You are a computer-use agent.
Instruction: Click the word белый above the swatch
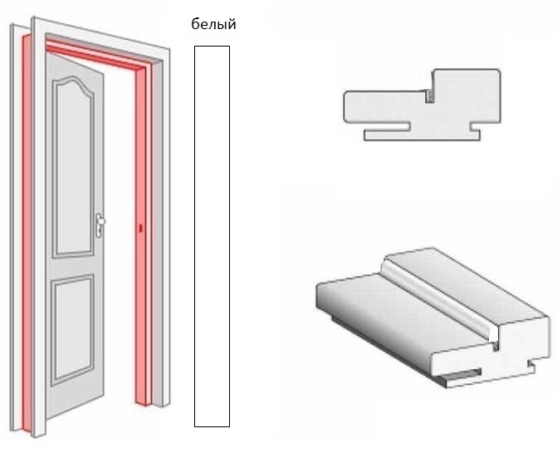tap(213, 24)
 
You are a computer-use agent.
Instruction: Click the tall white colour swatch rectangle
tap(212, 236)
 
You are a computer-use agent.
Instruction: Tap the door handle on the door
tap(100, 224)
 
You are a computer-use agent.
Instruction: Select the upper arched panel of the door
tap(74, 166)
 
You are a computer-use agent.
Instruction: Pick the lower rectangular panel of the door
tap(73, 329)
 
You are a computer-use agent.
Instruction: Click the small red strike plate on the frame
tap(140, 228)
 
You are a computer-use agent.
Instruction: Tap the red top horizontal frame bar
tap(96, 54)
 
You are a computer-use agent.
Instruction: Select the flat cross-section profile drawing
tap(422, 105)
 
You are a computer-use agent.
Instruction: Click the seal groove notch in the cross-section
tap(429, 96)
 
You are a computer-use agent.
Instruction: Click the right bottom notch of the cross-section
tap(476, 127)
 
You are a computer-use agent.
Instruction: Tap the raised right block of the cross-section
tap(466, 96)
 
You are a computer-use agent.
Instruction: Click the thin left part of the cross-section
tap(384, 107)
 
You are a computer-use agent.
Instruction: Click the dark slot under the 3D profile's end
tap(462, 374)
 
